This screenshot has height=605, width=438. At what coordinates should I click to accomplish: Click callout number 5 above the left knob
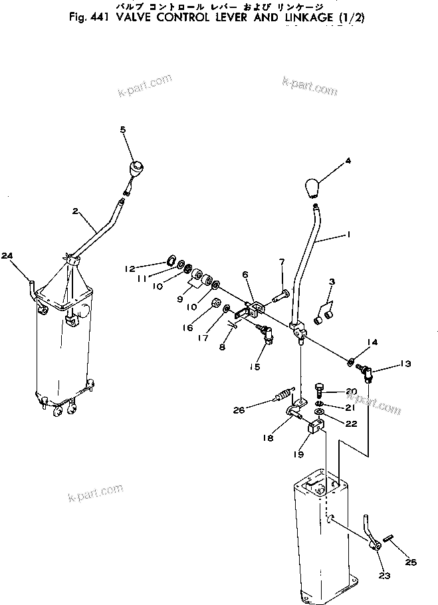tap(122, 130)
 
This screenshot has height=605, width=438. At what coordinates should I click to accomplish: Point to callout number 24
tap(7, 255)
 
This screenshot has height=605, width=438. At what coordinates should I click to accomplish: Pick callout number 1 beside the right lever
tap(349, 235)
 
